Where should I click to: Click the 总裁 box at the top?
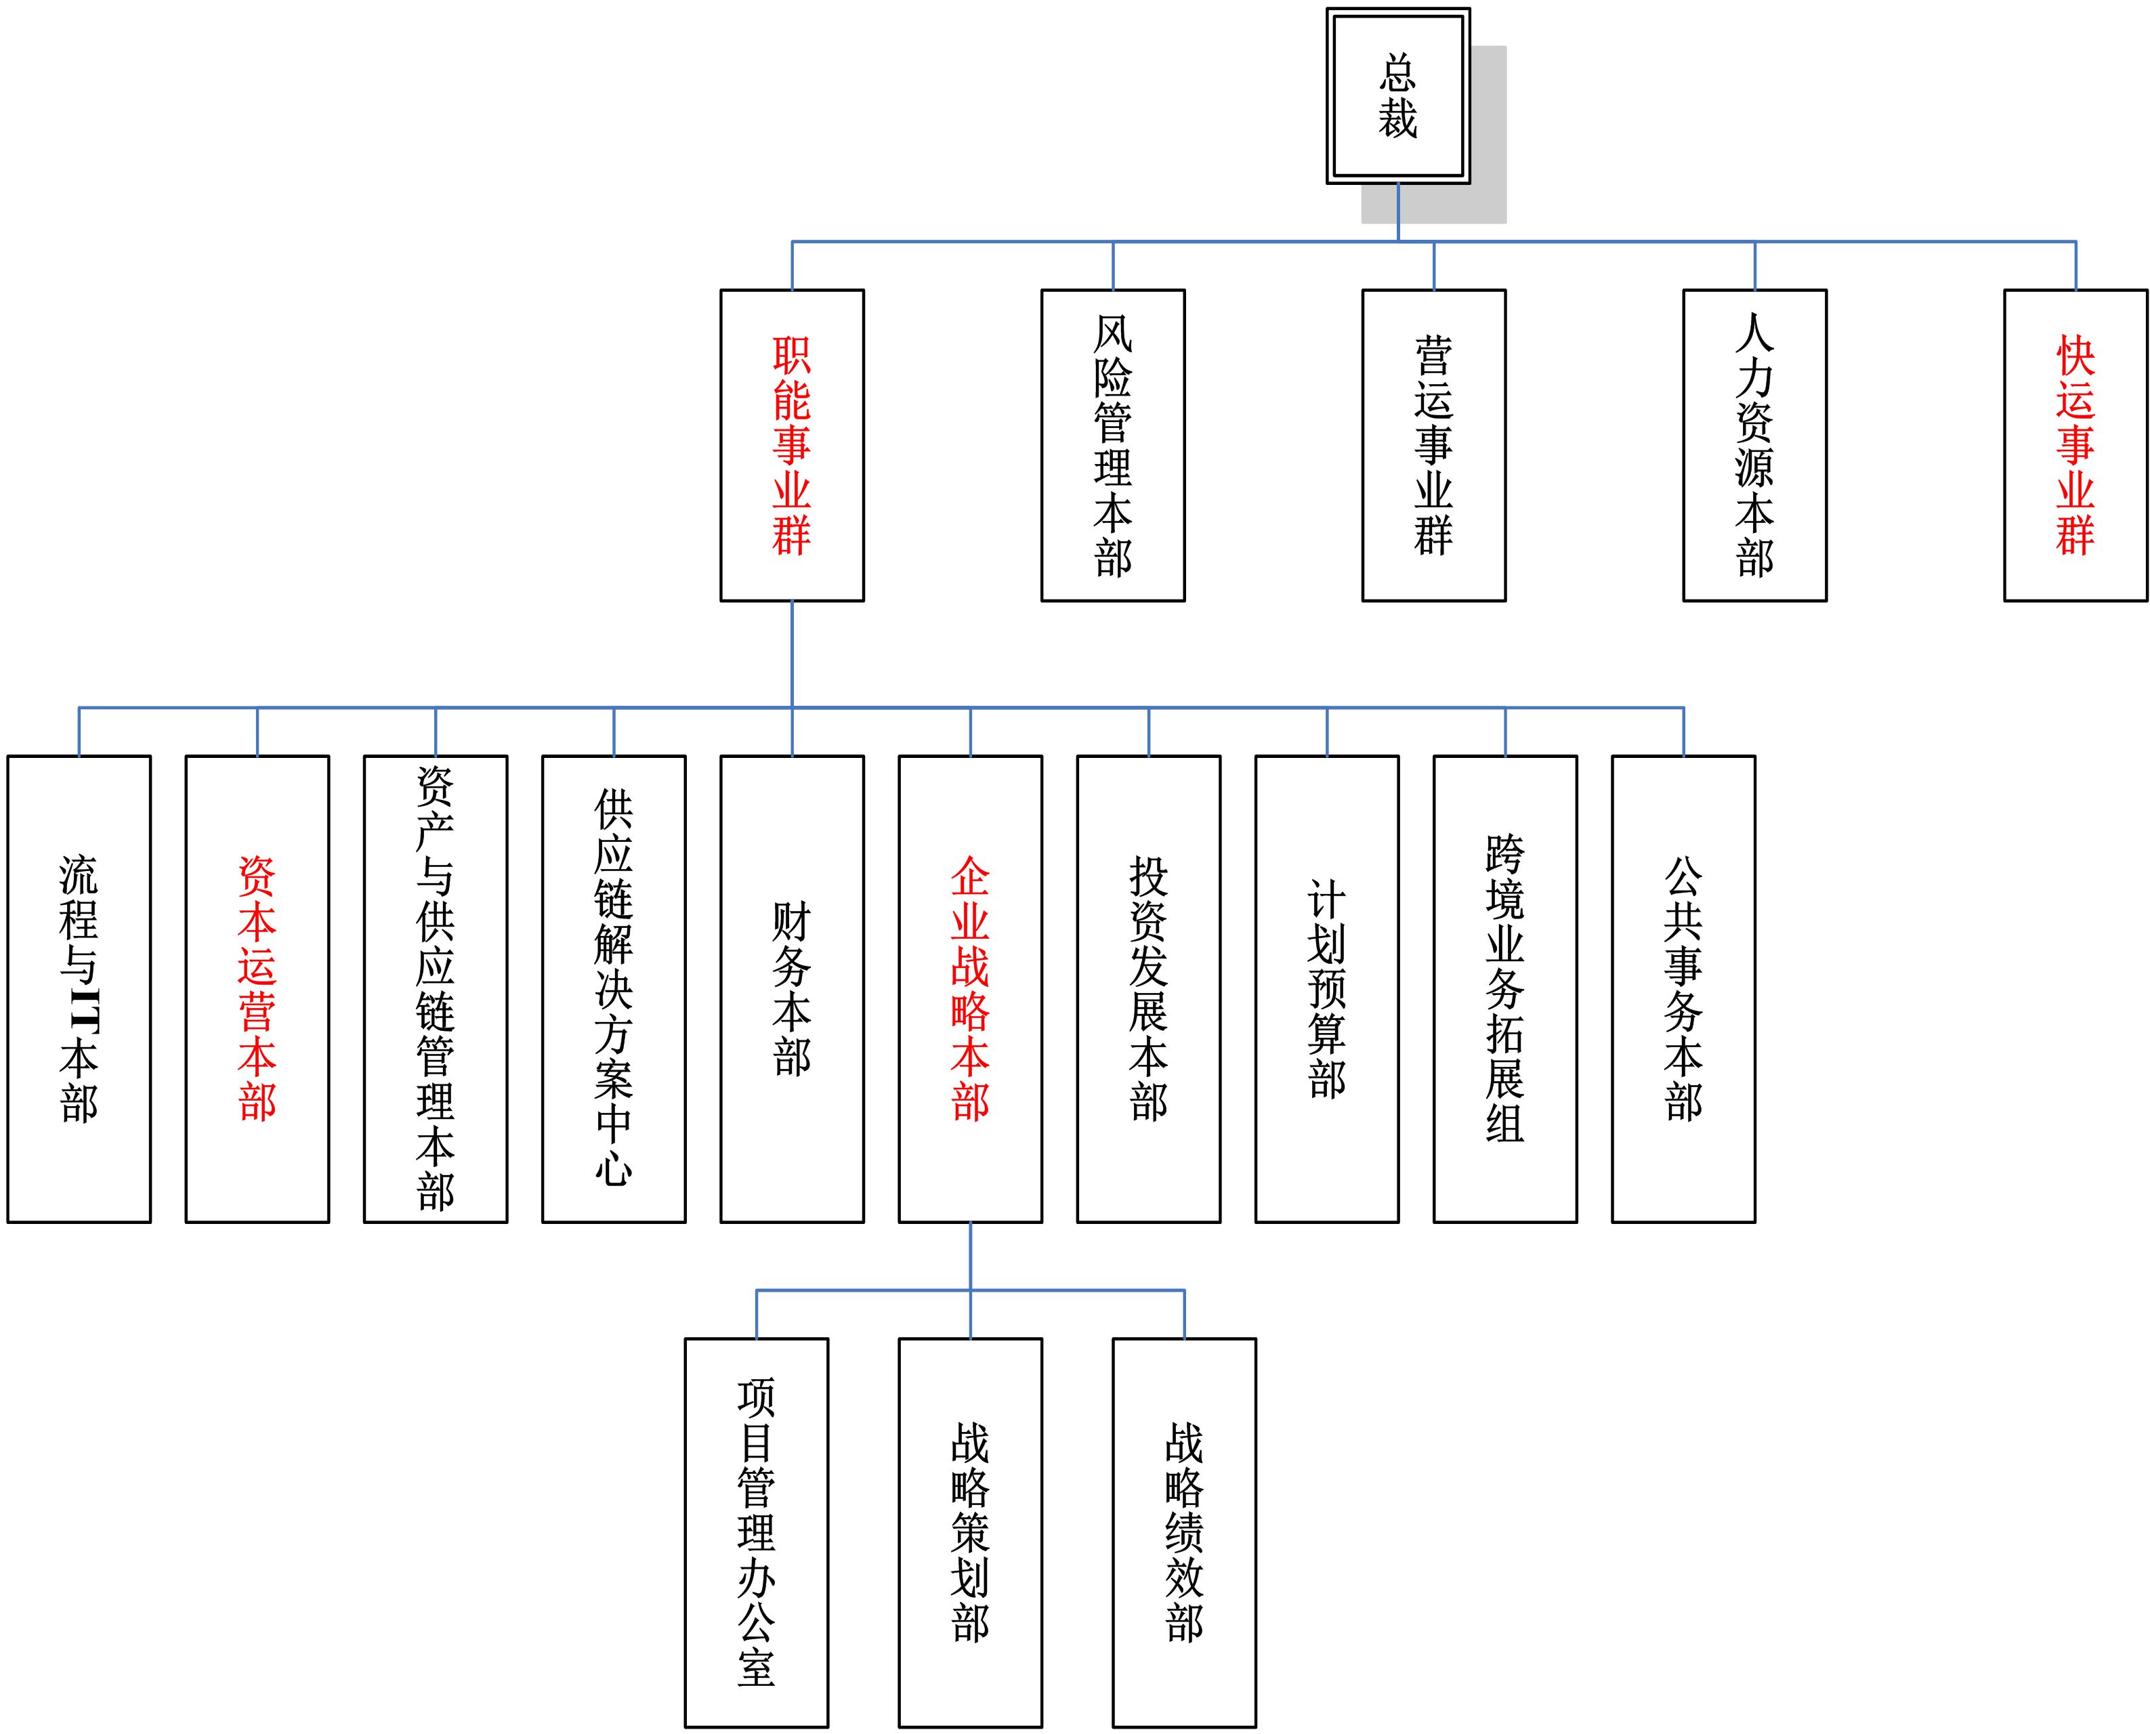tap(1397, 96)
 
